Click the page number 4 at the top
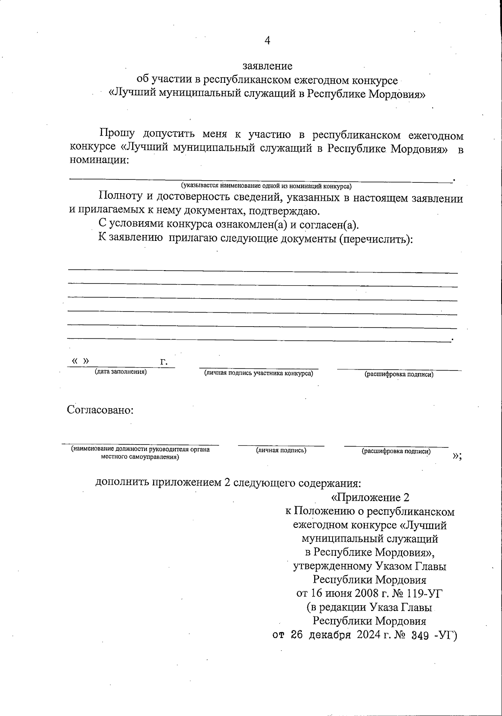coord(267,41)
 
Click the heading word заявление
coord(267,66)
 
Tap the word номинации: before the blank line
coord(99,160)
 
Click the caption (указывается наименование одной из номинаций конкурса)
coord(266,185)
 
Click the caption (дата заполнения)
coord(120,371)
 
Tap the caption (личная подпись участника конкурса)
coord(259,373)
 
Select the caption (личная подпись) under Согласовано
coord(281,450)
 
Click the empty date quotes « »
coord(80,361)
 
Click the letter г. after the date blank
coord(164,362)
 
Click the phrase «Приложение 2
coord(370,498)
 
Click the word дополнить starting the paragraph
coord(121,483)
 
